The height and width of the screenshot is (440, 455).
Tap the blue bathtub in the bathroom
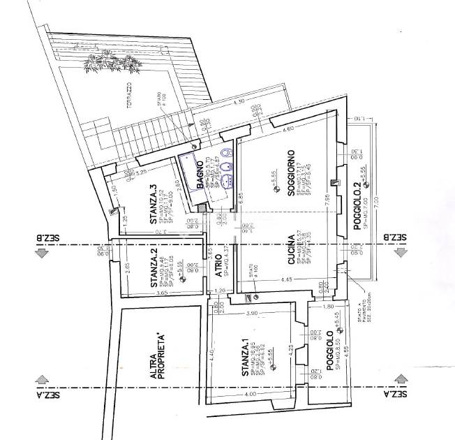click(189, 168)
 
